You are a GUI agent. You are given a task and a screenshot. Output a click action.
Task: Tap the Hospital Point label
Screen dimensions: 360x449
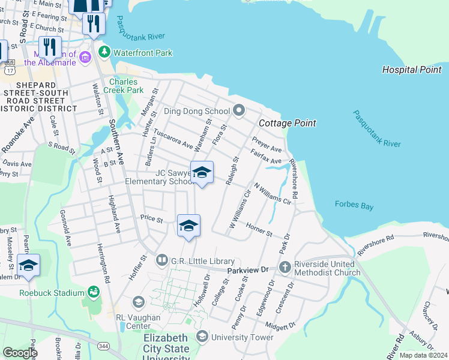click(412, 70)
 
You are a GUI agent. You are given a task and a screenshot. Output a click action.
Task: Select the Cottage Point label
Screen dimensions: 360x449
click(287, 123)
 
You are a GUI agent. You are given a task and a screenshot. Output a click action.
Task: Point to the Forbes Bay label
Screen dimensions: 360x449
click(354, 206)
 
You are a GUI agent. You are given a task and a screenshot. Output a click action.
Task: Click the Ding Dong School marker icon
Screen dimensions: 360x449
click(239, 110)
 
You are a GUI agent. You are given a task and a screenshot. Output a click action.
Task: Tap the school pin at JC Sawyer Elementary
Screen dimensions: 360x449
click(202, 173)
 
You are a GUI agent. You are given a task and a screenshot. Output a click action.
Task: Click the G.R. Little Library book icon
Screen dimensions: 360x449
click(161, 260)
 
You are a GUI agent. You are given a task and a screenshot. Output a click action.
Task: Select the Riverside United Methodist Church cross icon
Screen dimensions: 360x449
click(285, 266)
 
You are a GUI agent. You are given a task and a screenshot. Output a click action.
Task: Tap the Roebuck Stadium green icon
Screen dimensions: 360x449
click(93, 292)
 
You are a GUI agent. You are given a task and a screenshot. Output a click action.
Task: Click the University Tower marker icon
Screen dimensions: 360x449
click(201, 337)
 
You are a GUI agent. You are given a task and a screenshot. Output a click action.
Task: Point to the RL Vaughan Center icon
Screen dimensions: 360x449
click(139, 301)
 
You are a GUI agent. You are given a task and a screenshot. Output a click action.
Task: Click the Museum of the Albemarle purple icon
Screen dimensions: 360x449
click(85, 57)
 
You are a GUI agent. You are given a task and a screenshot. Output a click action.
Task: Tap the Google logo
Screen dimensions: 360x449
click(20, 353)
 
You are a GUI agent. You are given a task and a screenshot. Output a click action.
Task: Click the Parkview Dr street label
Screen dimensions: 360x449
click(247, 271)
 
